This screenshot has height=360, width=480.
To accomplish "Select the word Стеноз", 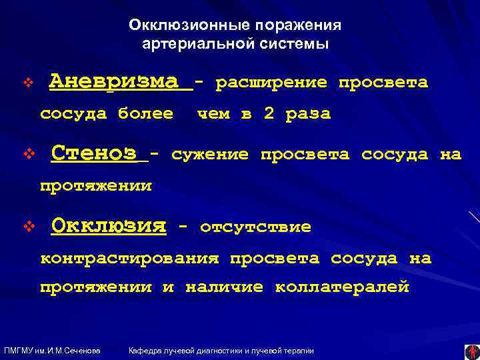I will (x=94, y=153).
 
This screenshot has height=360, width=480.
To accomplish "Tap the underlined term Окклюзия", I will (x=108, y=226).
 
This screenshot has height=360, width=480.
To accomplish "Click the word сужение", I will (x=210, y=155).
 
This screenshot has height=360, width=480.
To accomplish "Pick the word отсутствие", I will (x=255, y=227).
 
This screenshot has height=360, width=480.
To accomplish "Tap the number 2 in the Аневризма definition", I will (x=269, y=114).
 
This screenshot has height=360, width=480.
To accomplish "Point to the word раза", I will (x=308, y=114).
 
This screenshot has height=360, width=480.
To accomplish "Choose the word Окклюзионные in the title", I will (x=171, y=25).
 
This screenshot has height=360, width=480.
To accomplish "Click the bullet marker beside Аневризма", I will (x=27, y=84).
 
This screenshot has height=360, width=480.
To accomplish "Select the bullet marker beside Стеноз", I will (x=27, y=156).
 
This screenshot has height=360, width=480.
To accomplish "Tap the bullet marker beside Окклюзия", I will (x=27, y=228).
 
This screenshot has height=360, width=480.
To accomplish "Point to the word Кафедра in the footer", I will (x=145, y=351).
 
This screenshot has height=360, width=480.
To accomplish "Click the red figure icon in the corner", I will (x=472, y=351).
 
